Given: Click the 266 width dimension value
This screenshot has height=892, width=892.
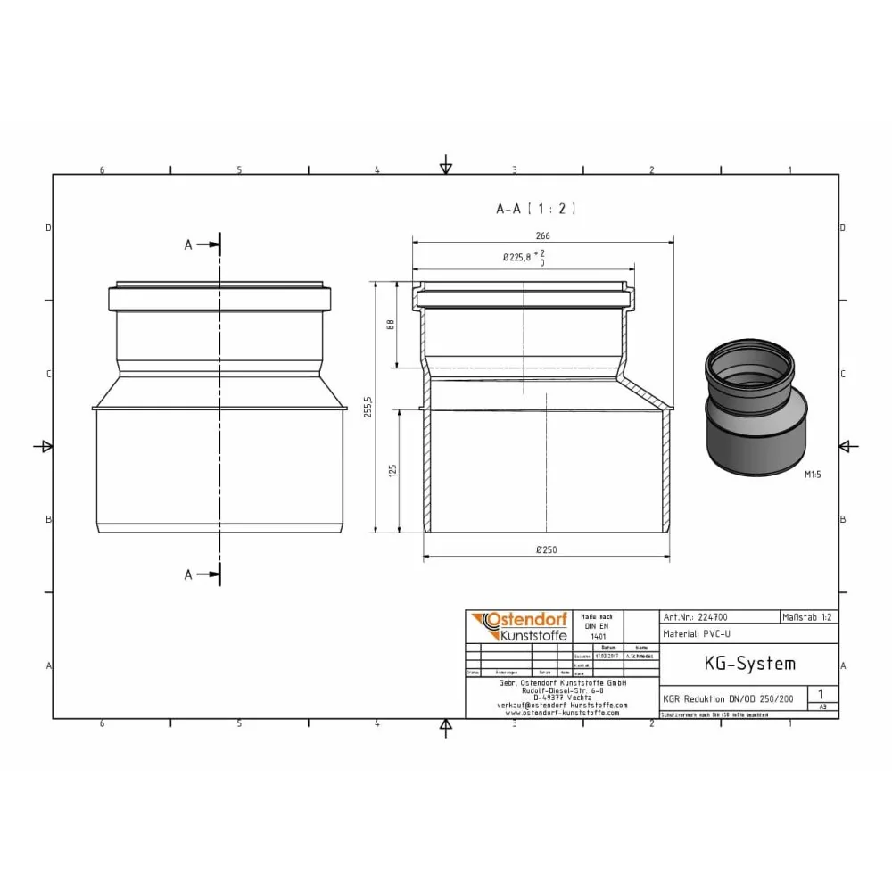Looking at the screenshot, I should click(542, 236).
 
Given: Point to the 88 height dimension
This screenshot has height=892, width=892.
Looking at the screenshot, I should click(390, 326).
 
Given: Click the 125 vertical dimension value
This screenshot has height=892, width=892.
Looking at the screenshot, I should click(390, 470).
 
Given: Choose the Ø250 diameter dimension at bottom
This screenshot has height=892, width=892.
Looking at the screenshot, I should click(546, 550).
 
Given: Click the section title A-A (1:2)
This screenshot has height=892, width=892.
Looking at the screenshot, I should click(536, 209).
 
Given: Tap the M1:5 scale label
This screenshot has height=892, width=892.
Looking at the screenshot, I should click(812, 475).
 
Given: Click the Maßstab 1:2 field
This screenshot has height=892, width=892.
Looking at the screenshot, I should click(808, 616).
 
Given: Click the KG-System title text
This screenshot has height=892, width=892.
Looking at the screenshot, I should click(737, 664).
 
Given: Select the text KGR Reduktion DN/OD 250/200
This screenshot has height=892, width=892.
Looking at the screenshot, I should click(727, 699).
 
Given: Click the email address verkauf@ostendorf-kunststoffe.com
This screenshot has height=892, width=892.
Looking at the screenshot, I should click(562, 705).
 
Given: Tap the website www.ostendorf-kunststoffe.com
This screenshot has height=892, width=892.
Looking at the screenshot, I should click(562, 713).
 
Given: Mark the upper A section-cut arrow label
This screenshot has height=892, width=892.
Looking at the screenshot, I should click(188, 244).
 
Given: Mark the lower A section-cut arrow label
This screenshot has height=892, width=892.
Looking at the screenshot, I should click(188, 575).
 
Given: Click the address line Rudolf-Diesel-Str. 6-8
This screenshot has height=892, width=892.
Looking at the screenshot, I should click(562, 690).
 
